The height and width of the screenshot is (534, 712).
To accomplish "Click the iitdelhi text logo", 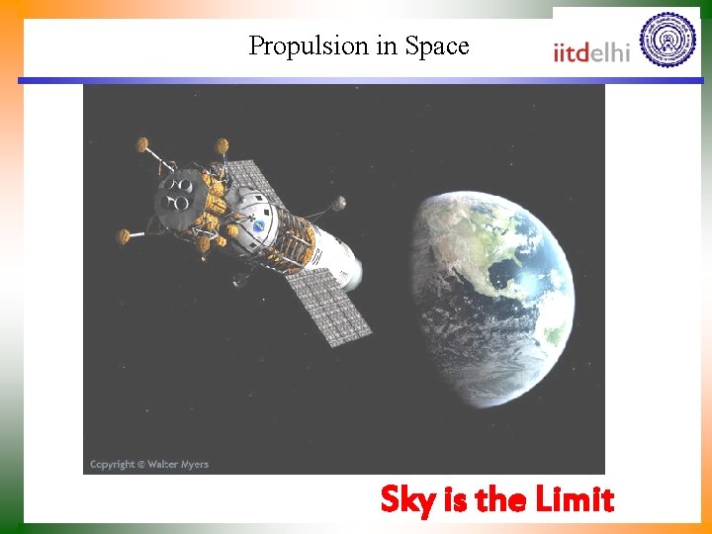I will [591, 50].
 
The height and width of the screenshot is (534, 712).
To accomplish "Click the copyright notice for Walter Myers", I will [149, 464].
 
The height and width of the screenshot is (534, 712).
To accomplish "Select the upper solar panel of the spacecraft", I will [247, 182].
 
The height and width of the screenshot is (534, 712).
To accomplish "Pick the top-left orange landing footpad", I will [142, 144].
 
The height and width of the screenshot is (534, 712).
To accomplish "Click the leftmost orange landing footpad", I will [124, 235].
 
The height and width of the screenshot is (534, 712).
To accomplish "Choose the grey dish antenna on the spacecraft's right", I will [338, 204].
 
